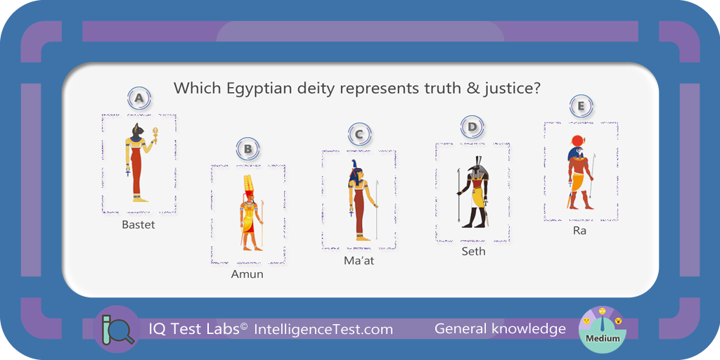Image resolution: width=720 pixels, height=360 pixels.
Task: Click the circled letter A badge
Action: [139, 98]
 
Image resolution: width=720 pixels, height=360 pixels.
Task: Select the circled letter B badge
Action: [248, 148]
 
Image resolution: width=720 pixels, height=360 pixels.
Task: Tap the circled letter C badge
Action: [359, 134]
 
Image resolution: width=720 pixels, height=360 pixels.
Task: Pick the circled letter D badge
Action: [472, 127]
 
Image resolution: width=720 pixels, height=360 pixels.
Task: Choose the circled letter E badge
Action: [581, 106]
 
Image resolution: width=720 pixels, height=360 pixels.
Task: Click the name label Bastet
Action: [139, 225]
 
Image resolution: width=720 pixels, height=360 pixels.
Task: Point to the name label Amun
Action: [247, 274]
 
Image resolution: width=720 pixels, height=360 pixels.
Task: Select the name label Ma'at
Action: [359, 260]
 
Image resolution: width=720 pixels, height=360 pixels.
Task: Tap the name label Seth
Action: [473, 252]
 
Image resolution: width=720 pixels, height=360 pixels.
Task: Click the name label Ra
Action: [579, 231]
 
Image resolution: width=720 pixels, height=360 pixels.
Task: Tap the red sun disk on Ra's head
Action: [577, 140]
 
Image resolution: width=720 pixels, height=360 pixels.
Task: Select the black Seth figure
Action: [472, 192]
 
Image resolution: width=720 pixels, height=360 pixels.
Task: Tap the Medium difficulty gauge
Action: [603, 329]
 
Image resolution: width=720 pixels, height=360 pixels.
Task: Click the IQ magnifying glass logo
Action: [116, 329]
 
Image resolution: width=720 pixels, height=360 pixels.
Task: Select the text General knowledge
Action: [500, 329]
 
